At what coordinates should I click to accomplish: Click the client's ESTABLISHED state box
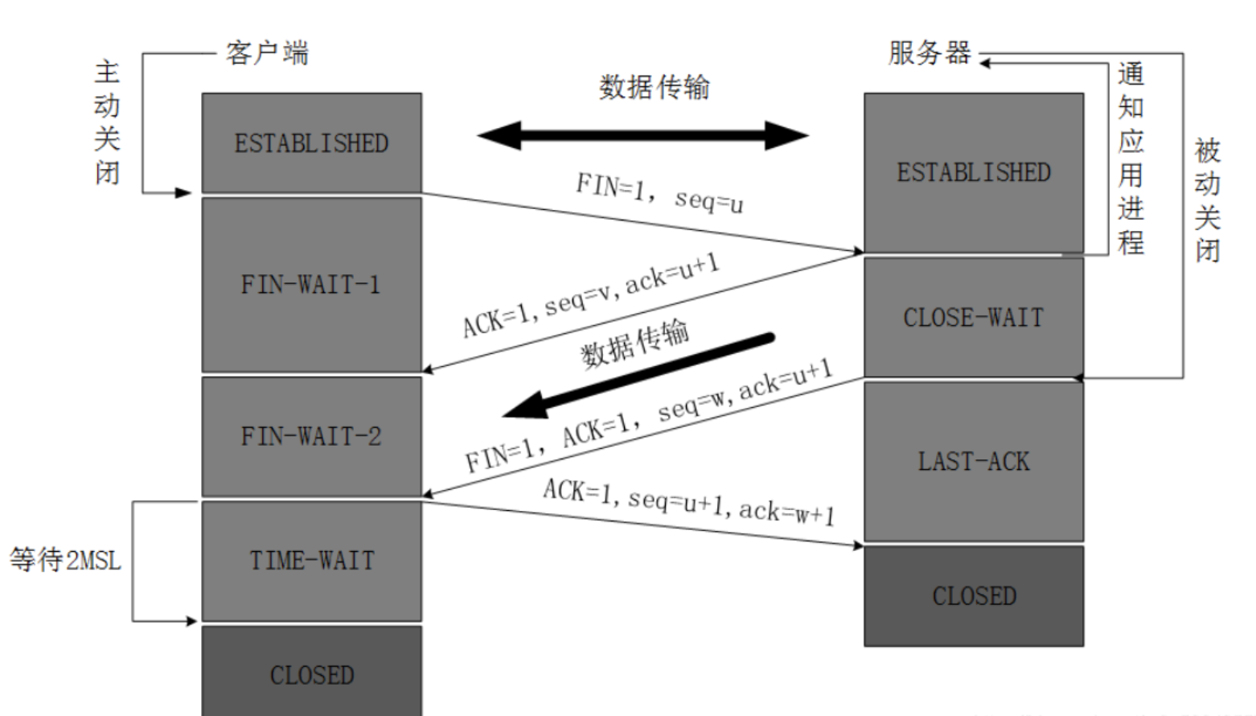pos(312,143)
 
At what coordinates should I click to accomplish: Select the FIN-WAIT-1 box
pos(312,285)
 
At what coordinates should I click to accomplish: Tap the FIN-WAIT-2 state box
pos(312,437)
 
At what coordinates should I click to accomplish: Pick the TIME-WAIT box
pos(312,561)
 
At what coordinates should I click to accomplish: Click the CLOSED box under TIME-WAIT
pos(312,671)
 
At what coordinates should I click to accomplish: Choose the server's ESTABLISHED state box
pos(974,173)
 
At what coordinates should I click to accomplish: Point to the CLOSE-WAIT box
pos(974,318)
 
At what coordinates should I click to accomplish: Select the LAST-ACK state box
pos(974,462)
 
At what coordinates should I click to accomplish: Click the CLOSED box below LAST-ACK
pos(974,596)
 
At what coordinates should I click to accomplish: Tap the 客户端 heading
pos(267,53)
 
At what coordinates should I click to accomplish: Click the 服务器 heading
pos(930,53)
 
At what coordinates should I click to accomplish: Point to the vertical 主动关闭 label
pos(106,123)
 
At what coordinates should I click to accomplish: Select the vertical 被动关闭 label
pos(1207,200)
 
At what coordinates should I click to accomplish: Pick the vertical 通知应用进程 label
pos(1131,158)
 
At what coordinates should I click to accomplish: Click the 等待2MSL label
pos(65,560)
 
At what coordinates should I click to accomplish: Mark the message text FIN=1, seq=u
pos(660,194)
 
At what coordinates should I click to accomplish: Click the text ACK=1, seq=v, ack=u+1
pos(591,295)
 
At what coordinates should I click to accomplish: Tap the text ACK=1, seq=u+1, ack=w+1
pos(689,503)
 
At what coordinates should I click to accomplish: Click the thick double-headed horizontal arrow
pos(642,135)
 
